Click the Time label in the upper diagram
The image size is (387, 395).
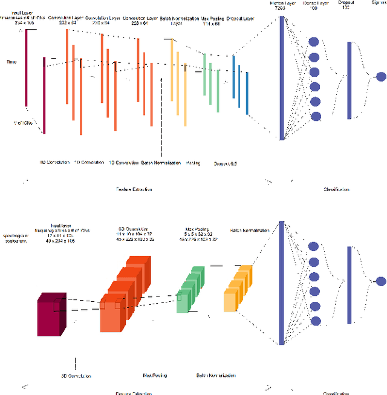tap(11, 62)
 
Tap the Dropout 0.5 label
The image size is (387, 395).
tap(225, 163)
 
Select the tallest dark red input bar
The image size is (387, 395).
tap(26, 67)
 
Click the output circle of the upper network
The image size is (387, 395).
tap(381, 77)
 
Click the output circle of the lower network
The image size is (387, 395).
tap(381, 281)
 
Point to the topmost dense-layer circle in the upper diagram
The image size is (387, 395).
tap(314, 42)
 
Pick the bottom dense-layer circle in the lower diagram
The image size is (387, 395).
tap(314, 321)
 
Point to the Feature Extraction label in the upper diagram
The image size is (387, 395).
tap(134, 189)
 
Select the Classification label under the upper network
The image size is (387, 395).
tap(336, 189)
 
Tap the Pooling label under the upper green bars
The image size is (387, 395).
tap(193, 162)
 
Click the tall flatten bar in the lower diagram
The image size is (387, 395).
tap(282, 281)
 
